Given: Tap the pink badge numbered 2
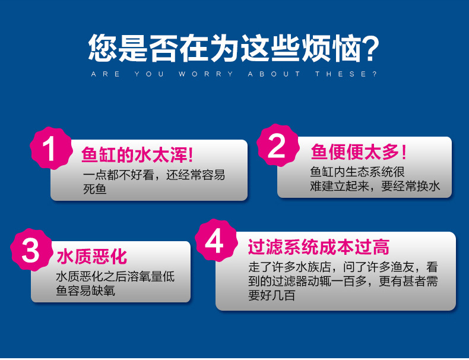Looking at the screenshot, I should coord(277,146).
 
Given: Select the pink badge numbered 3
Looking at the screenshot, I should coord(31,250).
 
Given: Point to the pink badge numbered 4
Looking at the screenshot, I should coord(215,241).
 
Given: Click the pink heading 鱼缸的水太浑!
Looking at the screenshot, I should coord(137,155).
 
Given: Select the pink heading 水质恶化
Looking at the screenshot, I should coord(92,257).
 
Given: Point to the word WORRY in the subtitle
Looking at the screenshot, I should coord(205,74).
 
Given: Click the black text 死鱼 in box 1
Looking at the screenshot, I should coord(95,190).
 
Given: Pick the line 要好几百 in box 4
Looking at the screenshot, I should coord(272,295).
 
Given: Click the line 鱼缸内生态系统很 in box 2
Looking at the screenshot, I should coord(357,172).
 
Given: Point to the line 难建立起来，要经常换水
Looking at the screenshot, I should coord(375,187).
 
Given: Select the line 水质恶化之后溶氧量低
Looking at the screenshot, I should coord(115,277).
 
